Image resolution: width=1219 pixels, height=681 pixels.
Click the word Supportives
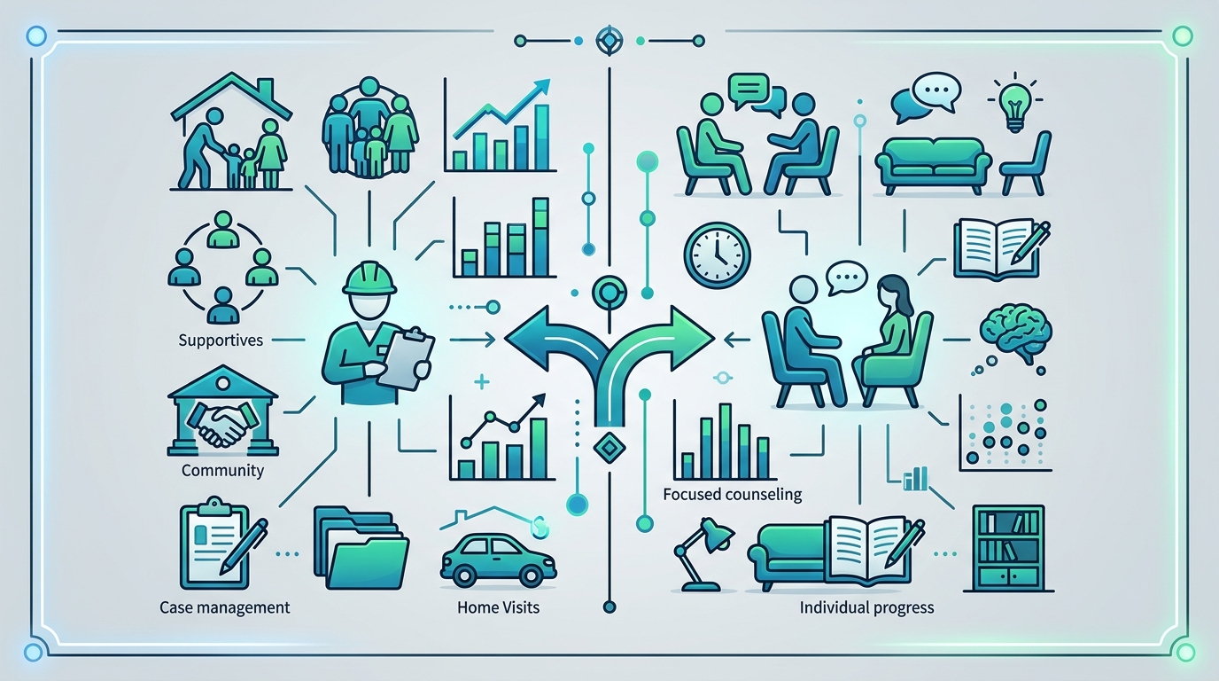point(221,341)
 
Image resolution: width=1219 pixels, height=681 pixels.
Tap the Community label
point(222,470)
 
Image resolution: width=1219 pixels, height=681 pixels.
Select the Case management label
point(225,607)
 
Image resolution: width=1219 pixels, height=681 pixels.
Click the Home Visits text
point(498,607)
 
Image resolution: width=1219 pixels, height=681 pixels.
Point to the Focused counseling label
point(733,494)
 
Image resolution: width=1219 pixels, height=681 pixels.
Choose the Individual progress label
point(866,607)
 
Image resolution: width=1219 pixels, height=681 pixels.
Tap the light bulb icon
point(1015,104)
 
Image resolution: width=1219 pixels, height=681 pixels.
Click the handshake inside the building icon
point(222,423)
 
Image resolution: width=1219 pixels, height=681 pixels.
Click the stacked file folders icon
point(361,547)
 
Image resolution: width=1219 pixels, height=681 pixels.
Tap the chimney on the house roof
point(266,89)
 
